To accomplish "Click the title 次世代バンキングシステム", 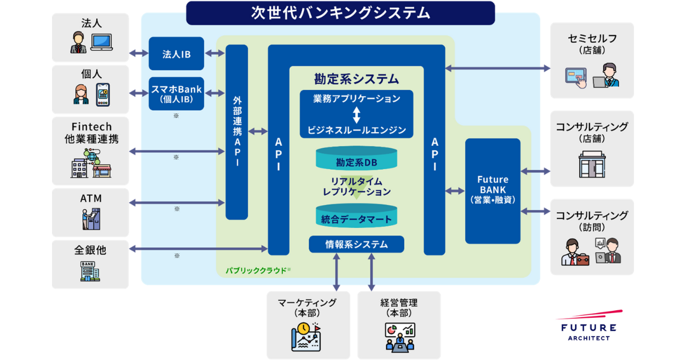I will (340, 13).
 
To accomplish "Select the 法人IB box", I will (177, 54).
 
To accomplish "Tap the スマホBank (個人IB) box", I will (177, 94).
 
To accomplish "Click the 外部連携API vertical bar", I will (237, 131).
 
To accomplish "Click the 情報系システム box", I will (357, 245).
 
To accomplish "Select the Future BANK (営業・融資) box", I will (493, 191).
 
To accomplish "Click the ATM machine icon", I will (90, 219).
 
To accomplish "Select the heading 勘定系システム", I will (357, 79).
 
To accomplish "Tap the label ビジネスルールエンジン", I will (357, 130).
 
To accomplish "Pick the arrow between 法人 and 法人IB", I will (138, 54).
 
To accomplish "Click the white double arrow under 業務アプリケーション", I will (357, 114).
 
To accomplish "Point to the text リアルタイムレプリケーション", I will (357, 186).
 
